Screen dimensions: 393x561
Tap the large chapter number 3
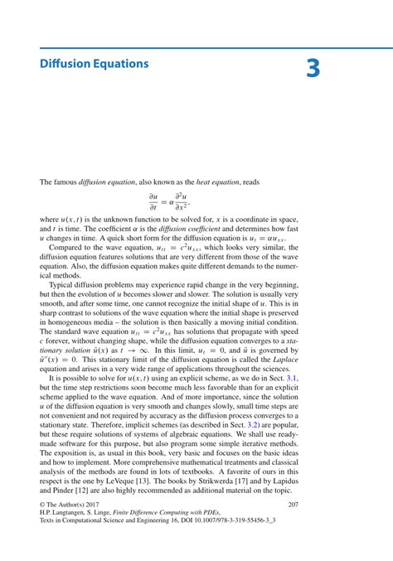(313, 69)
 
